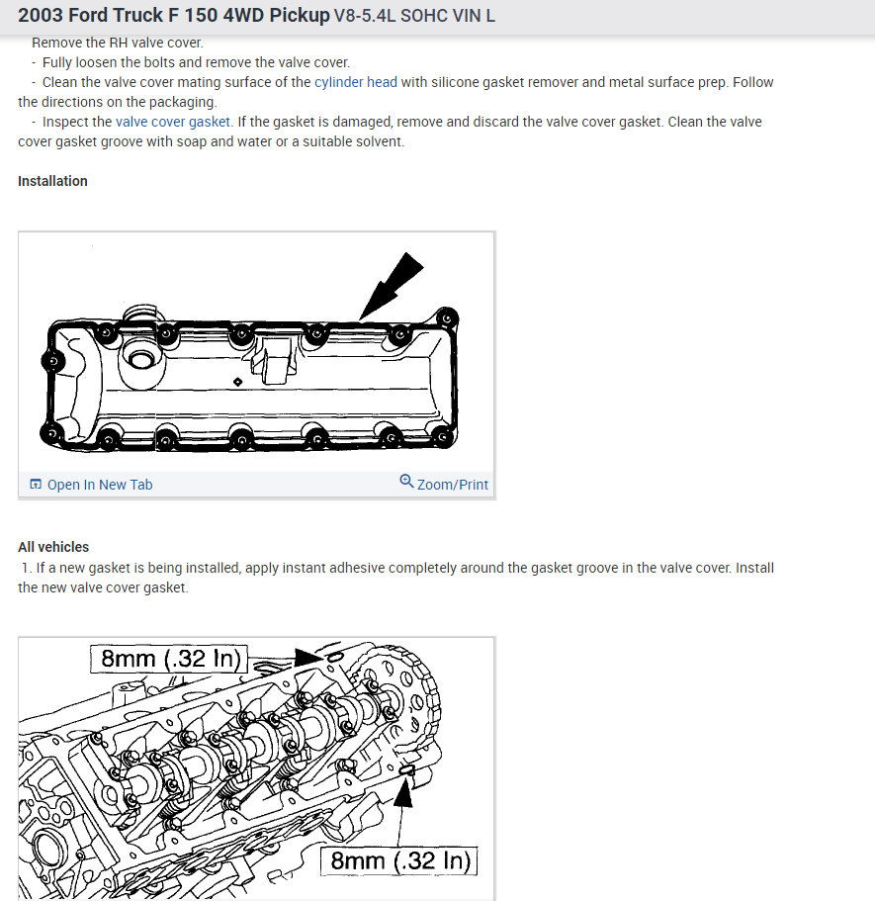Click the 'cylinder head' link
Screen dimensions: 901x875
point(356,82)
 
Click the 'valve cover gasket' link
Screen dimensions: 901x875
point(173,122)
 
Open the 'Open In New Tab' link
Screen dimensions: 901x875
point(100,485)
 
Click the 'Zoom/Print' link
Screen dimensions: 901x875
point(453,485)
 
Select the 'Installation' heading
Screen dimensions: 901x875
point(52,181)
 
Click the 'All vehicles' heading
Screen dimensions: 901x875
point(53,547)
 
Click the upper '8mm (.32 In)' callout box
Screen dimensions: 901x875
point(169,659)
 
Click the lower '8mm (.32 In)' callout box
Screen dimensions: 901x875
point(399,860)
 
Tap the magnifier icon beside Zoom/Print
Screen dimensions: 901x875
point(406,482)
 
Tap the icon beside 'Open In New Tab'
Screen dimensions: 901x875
point(37,485)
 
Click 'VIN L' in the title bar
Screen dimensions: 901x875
point(474,18)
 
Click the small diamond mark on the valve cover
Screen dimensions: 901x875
point(238,382)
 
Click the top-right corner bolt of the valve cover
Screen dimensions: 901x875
point(447,319)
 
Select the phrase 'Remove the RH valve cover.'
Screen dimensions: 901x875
point(117,43)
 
